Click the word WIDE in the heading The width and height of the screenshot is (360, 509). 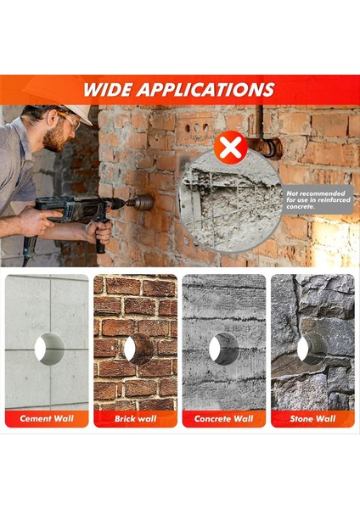pos(113,90)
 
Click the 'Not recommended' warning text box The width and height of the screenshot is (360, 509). pos(320,199)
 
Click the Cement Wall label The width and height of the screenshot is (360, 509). pos(47,419)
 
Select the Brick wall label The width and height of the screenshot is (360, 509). pos(135,419)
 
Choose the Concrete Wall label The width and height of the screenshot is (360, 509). pos(223,419)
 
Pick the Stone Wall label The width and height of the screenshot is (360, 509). pos(312,419)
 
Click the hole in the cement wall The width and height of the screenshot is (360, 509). pos(48,349)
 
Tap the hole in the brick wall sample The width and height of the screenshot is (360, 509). pos(136,349)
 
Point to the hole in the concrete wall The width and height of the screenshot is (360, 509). pos(224,349)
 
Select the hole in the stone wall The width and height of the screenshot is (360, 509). pos(312,349)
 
